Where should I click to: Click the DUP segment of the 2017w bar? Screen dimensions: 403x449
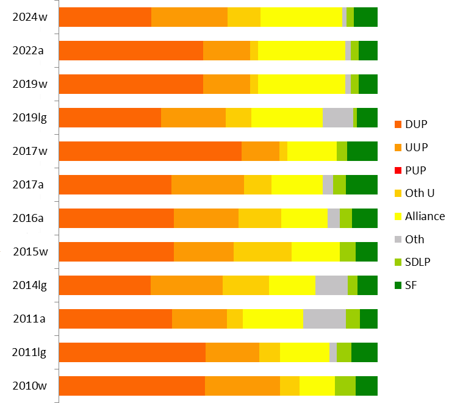[150, 151]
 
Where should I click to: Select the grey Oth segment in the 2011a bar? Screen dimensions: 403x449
[325, 319]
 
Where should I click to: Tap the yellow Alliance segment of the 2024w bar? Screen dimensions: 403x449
[301, 17]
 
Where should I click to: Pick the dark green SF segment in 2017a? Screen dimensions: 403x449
[362, 184]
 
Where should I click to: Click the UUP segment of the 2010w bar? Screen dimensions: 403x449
[242, 386]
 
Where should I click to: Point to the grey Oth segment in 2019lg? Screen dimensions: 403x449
[338, 117]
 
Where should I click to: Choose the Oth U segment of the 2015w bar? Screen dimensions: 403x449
[262, 251]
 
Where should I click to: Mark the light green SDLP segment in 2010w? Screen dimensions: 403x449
[345, 386]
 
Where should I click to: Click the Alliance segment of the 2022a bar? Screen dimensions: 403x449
[301, 51]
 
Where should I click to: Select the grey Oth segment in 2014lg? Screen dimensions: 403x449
[331, 285]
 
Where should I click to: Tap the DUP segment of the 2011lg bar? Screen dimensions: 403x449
[132, 352]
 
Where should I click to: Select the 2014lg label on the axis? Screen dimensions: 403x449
[30, 285]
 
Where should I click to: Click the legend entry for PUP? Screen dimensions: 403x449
[415, 170]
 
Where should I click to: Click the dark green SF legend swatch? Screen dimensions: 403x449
[399, 285]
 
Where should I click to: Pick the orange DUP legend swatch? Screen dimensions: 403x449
[399, 124]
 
